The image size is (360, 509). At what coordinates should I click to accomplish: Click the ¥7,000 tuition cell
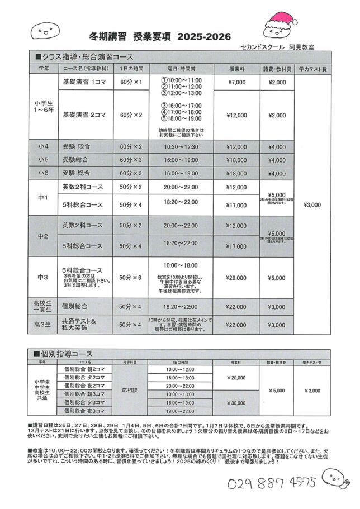tap(237, 82)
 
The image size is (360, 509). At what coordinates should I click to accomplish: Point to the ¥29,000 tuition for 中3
tap(237, 277)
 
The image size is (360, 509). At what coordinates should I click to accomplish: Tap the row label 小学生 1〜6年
tap(44, 107)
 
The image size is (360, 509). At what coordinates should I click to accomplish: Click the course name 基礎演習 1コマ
tap(84, 82)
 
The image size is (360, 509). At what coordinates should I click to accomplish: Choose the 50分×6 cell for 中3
tap(131, 277)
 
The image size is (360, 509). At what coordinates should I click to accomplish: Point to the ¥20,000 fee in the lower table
tap(237, 378)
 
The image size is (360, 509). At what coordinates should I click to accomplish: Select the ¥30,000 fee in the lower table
tap(237, 402)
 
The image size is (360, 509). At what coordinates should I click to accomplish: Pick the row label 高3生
tap(44, 325)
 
